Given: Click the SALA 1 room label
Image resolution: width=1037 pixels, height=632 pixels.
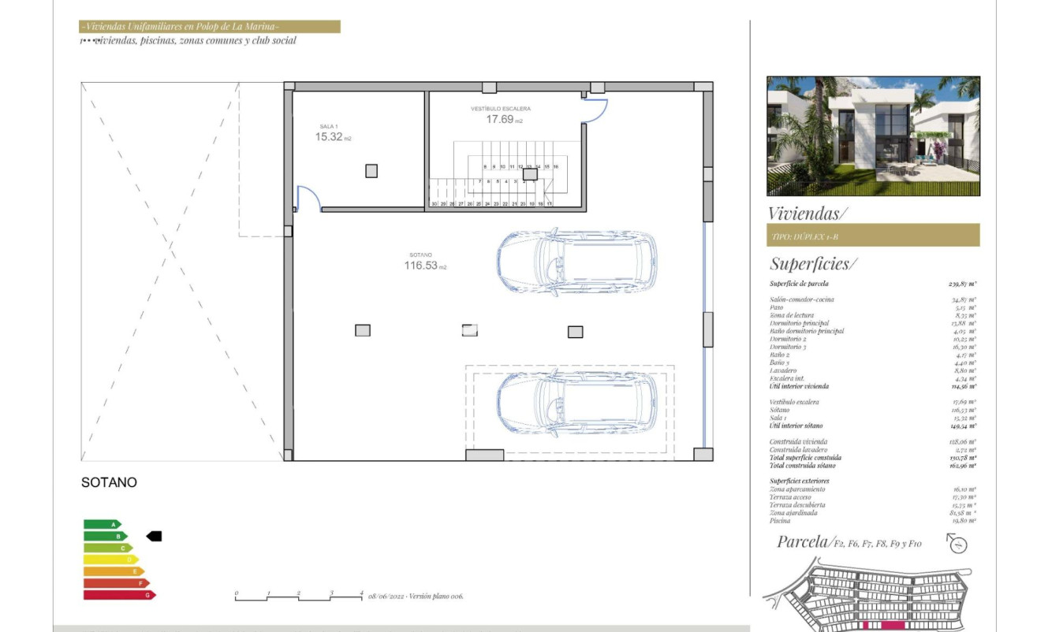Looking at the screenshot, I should coord(328,126).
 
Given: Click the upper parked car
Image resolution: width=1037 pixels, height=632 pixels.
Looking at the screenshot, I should coord(576,262).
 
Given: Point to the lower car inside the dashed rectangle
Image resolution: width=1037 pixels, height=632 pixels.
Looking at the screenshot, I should coord(576,403).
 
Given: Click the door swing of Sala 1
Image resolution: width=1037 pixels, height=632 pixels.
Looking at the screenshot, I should coord(308,199).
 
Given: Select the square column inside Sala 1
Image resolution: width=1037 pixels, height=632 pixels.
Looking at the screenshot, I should coord(371,170).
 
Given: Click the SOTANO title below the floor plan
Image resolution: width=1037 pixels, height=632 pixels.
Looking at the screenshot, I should coord(109,482).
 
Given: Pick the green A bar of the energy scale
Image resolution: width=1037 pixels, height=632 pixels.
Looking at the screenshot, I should coord(102,524).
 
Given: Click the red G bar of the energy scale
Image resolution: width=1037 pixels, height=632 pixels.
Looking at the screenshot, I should coord(119,595).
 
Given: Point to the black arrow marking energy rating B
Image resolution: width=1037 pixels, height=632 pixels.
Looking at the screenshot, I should coord(154,536).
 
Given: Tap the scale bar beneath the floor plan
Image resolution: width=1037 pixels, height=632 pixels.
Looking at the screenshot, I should coord(299,597).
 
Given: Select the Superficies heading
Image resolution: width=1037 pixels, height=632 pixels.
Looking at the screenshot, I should coord(812,264).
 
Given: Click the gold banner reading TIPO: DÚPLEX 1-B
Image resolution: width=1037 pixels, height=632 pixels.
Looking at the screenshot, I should coord(873,235).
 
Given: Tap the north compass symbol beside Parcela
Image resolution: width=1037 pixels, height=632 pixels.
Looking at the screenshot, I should coord(957,544).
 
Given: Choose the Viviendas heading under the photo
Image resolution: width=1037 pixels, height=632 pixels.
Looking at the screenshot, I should coord(807,213).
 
